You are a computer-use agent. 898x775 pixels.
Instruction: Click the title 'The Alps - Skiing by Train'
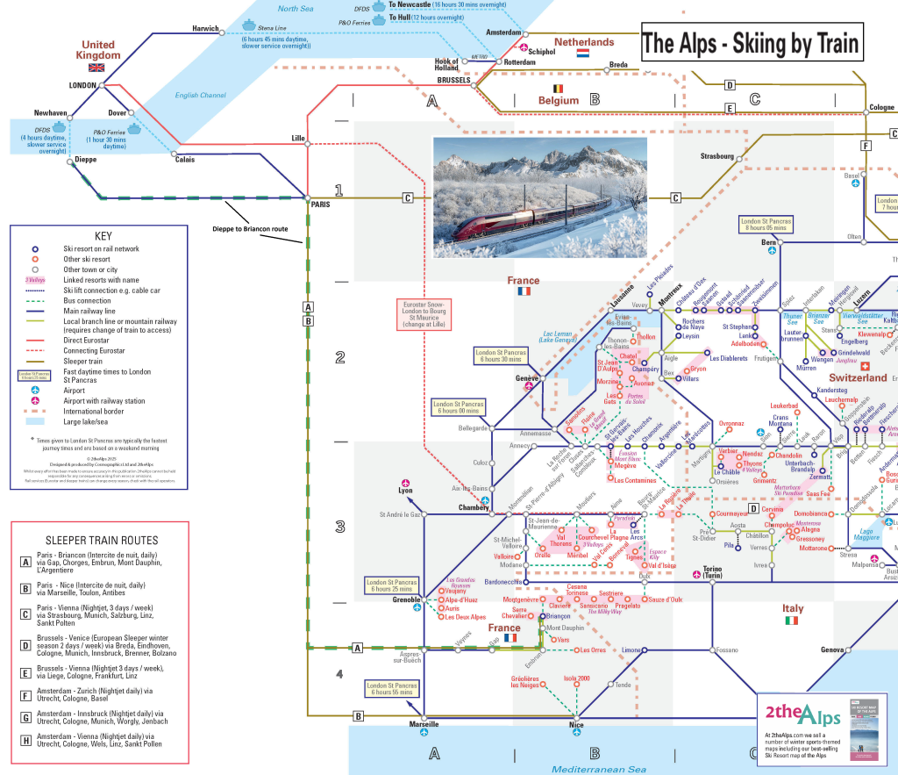coord(750,43)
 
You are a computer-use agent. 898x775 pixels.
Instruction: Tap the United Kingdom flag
coord(96,67)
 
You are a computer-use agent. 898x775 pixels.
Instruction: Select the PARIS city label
coord(320,204)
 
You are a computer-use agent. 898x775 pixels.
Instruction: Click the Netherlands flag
coord(583,54)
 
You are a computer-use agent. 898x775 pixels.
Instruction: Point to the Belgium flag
coord(555,89)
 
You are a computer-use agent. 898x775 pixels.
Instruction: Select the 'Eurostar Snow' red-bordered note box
coord(423,313)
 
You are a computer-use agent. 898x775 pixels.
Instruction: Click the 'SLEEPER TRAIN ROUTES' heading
coord(102,540)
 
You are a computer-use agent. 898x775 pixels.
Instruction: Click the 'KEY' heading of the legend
coord(103,235)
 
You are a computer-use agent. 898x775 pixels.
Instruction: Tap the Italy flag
coord(792,621)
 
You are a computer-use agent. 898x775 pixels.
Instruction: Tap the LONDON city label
coord(82,85)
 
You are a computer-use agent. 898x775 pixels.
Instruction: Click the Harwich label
coord(205,29)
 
